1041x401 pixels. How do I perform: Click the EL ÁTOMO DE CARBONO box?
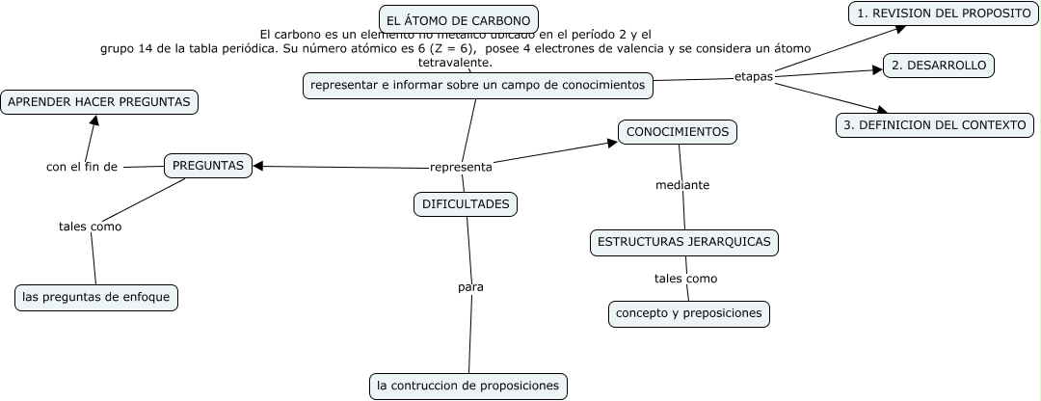(458, 19)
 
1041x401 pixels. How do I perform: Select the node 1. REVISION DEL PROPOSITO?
(944, 13)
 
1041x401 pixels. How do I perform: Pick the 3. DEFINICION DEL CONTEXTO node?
(934, 125)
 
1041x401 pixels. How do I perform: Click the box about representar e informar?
(477, 86)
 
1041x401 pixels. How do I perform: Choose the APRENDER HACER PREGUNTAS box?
(99, 101)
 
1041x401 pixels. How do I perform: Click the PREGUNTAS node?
(208, 166)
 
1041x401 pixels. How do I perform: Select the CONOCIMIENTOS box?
(678, 131)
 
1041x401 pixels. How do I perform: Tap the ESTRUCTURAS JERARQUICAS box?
(683, 242)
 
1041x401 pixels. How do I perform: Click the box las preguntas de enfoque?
(96, 297)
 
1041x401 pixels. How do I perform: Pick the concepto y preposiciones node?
(689, 313)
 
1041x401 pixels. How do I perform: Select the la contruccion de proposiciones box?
(468, 386)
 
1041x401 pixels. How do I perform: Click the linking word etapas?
(754, 76)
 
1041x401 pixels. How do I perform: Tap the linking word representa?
(461, 167)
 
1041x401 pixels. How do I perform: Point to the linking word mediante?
(682, 185)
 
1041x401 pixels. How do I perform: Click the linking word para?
(470, 286)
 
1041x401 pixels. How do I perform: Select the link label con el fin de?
(82, 167)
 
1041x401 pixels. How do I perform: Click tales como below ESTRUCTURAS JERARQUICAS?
(685, 279)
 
